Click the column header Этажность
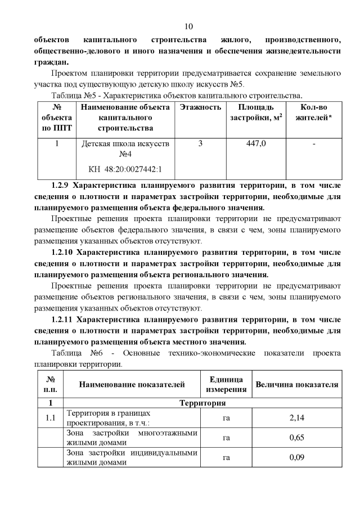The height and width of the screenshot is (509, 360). pyautogui.click(x=200, y=107)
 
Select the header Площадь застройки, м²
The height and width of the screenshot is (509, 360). pyautogui.click(x=256, y=112)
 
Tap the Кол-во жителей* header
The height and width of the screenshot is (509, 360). pyautogui.click(x=313, y=112)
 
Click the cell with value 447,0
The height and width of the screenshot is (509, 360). pyautogui.click(x=256, y=144)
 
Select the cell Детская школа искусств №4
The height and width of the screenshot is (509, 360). pyautogui.click(x=125, y=149)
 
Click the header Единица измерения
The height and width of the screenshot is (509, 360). pyautogui.click(x=227, y=384)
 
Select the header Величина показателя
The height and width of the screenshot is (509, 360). pyautogui.click(x=296, y=385)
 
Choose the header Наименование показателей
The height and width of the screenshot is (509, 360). pyautogui.click(x=132, y=385)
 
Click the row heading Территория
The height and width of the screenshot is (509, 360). pyautogui.click(x=202, y=403)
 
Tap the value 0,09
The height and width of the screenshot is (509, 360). pyautogui.click(x=296, y=457)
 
